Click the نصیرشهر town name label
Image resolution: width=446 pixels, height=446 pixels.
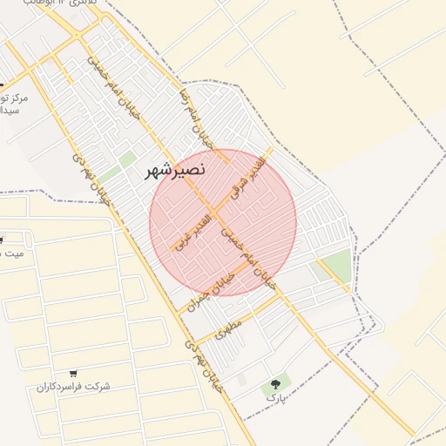click(x=175, y=172)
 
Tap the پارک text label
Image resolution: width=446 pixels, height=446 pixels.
click(x=275, y=396)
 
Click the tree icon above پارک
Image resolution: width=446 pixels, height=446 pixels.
click(x=277, y=382)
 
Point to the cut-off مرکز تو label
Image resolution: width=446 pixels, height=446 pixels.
click(x=16, y=98)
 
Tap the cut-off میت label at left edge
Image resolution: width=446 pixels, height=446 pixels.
click(x=12, y=253)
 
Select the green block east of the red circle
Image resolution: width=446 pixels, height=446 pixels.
click(x=336, y=265)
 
